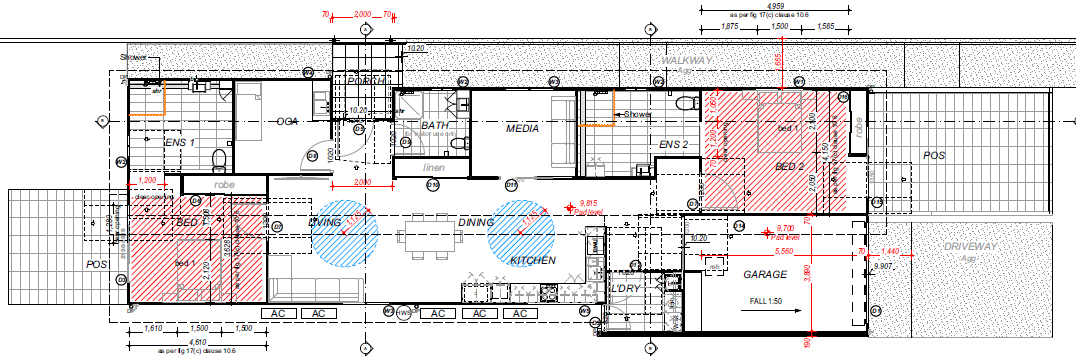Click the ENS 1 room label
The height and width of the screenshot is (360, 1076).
[x=179, y=143]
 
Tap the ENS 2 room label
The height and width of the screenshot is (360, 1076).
[x=673, y=145]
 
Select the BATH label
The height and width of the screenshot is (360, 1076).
[x=435, y=126]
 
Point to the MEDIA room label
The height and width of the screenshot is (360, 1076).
[x=522, y=128]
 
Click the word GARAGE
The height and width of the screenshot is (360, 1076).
[x=764, y=273]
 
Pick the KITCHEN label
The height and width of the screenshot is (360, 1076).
[x=532, y=260]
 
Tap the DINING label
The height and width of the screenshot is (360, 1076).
[x=477, y=222]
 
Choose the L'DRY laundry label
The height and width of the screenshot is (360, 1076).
[x=626, y=289]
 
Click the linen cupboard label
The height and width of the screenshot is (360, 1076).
[x=433, y=168]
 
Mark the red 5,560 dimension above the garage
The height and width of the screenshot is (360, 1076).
[x=784, y=251]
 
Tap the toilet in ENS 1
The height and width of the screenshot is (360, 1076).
[x=220, y=158]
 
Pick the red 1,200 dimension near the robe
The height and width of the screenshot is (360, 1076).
[x=150, y=179]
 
